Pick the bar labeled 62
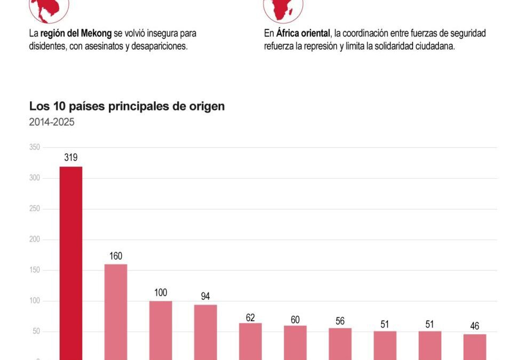pyautogui.click(x=250, y=341)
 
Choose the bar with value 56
pyautogui.click(x=340, y=343)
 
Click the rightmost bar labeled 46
pyautogui.click(x=474, y=346)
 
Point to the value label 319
pyautogui.click(x=71, y=157)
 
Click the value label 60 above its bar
pyautogui.click(x=295, y=319)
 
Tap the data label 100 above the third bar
pyautogui.click(x=161, y=292)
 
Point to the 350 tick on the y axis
pyautogui.click(x=35, y=147)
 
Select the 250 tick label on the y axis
pyautogui.click(x=35, y=209)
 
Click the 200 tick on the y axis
pyautogui.click(x=35, y=239)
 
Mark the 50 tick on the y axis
pyautogui.click(x=36, y=332)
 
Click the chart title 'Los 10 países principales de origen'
pyautogui.click(x=127, y=106)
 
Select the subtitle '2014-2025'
pyautogui.click(x=52, y=122)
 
